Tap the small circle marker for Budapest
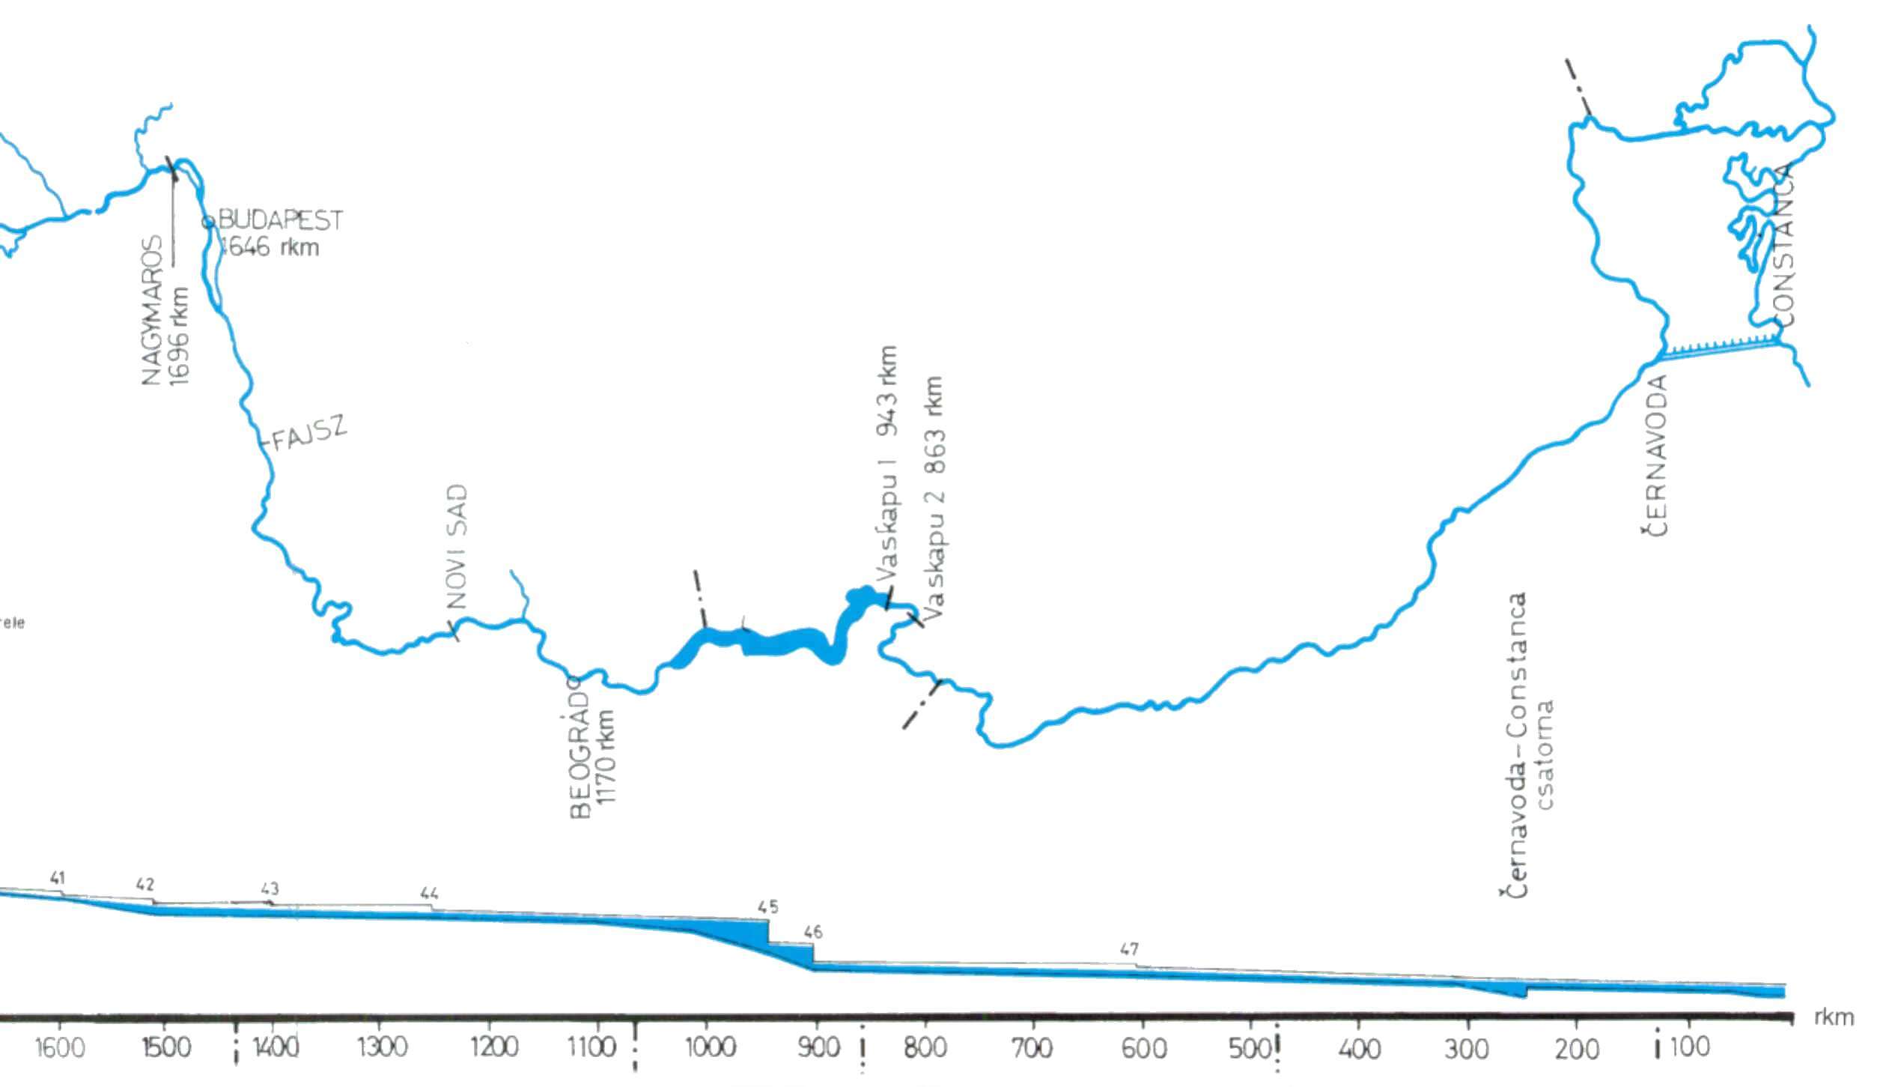(x=209, y=221)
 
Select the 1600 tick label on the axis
(x=60, y=1047)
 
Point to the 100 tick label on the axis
(x=1689, y=1046)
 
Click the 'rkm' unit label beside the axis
(x=1834, y=1017)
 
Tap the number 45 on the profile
(x=768, y=907)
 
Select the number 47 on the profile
(x=1129, y=949)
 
